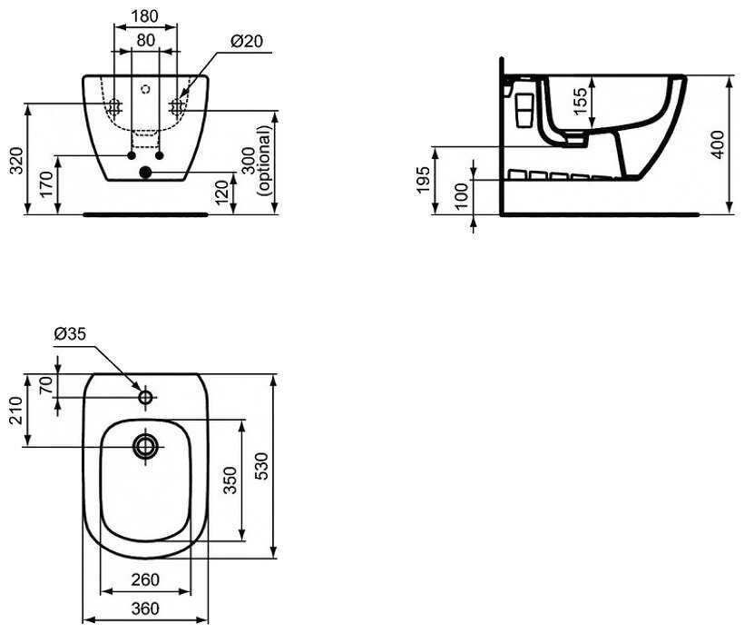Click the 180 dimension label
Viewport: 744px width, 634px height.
click(x=144, y=15)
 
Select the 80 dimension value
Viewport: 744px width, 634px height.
click(x=146, y=40)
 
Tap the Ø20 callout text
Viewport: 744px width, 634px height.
click(x=247, y=41)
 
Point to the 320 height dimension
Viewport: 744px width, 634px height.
click(x=16, y=161)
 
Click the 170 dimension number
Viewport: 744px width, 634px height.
click(x=45, y=184)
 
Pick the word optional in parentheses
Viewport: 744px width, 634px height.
click(x=264, y=161)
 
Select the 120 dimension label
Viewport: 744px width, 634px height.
click(x=221, y=193)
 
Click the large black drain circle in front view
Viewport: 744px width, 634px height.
click(x=145, y=173)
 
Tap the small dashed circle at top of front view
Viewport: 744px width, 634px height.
click(x=146, y=88)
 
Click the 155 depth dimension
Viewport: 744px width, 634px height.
click(x=580, y=101)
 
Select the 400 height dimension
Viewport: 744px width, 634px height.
click(x=718, y=144)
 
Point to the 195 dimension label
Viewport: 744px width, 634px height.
click(x=423, y=180)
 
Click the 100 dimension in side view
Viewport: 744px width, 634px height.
click(x=461, y=195)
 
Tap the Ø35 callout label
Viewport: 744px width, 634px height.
click(x=70, y=334)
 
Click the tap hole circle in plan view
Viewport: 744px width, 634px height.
click(x=146, y=397)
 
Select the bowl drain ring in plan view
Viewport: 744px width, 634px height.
click(x=146, y=446)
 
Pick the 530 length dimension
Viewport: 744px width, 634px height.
click(x=262, y=466)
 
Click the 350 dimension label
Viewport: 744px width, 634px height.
click(x=230, y=480)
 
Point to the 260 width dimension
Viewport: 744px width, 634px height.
click(x=145, y=580)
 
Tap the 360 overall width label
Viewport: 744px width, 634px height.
click(x=145, y=609)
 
